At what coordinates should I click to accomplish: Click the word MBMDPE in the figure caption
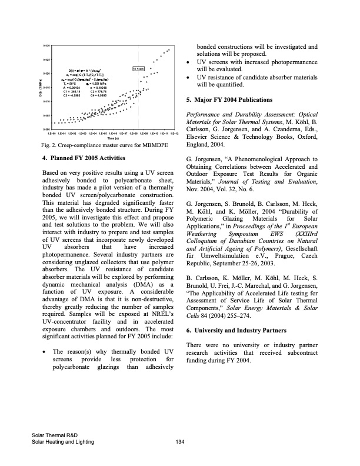click(149, 145)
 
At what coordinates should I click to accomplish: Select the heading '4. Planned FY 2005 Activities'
click(85, 158)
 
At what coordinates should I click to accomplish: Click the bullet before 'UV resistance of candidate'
click(188, 77)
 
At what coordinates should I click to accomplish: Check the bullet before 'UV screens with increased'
click(188, 61)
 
